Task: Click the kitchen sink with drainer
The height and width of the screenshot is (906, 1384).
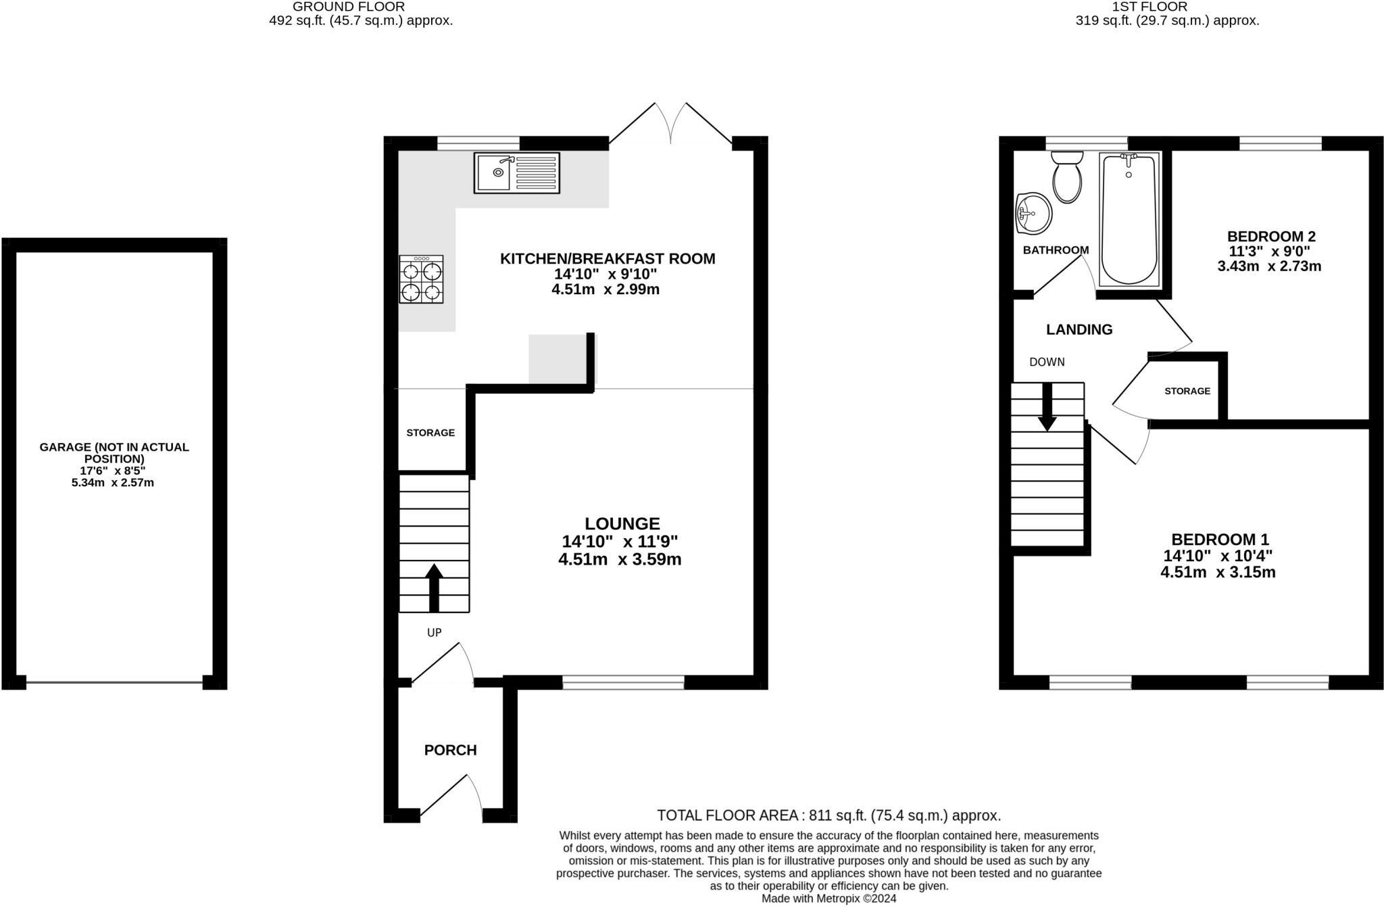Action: tap(517, 173)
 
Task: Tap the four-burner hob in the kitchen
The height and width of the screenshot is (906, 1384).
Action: tap(422, 279)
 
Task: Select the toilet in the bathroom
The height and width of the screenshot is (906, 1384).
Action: tap(1067, 176)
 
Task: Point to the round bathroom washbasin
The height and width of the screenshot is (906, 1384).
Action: tap(1034, 213)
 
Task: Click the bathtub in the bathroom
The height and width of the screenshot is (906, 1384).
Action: tap(1129, 219)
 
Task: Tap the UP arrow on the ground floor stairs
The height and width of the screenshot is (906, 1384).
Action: tap(434, 588)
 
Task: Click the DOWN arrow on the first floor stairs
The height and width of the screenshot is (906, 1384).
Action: tap(1047, 407)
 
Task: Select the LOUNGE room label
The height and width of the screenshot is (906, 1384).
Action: tap(622, 523)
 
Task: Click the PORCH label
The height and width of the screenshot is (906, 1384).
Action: tap(451, 750)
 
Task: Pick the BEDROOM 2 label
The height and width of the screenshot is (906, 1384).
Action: tap(1271, 237)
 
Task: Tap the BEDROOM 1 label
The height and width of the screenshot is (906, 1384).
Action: tap(1220, 540)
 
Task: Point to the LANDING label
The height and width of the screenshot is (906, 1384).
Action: tap(1079, 329)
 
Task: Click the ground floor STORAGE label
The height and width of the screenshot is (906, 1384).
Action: tap(430, 433)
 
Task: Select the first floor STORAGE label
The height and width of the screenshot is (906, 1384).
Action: tap(1187, 391)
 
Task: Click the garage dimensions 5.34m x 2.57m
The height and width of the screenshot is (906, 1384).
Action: tap(113, 483)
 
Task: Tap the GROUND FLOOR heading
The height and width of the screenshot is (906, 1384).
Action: tap(349, 7)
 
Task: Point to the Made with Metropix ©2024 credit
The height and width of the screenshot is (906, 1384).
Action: tap(829, 899)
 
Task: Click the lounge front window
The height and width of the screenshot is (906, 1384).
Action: tap(623, 683)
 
